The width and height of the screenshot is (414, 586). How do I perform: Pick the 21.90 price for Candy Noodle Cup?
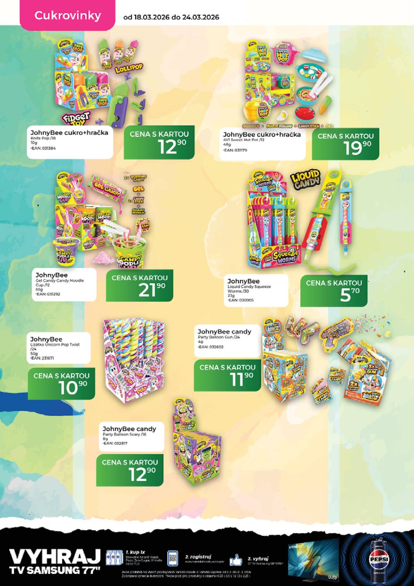[140, 286]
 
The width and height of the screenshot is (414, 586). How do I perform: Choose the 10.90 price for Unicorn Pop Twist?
[61, 384]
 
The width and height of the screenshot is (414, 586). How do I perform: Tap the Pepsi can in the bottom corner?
[379, 559]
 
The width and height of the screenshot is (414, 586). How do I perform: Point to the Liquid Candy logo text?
[305, 178]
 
